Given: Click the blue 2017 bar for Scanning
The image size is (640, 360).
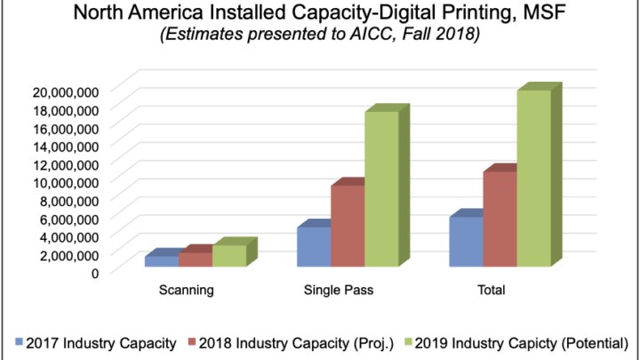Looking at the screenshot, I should click(x=161, y=261).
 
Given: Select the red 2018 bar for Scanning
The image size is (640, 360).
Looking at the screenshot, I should click(x=196, y=259).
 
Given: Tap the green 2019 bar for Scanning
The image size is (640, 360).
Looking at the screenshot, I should click(x=228, y=255).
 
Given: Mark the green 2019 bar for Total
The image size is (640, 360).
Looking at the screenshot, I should click(x=534, y=178).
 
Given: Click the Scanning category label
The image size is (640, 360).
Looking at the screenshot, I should click(x=186, y=290).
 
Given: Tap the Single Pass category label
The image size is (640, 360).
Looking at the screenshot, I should click(x=339, y=290).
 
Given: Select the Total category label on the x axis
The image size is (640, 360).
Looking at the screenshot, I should click(x=492, y=290).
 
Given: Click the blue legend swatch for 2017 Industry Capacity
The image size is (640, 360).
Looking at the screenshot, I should click(x=19, y=341).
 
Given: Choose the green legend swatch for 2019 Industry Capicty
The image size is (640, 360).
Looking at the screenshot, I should click(x=409, y=341).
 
